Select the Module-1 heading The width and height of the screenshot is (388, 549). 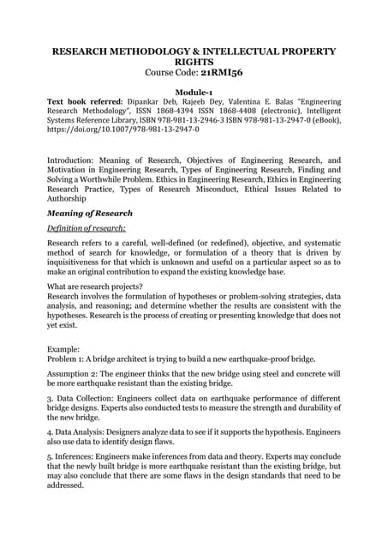(x=194, y=90)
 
